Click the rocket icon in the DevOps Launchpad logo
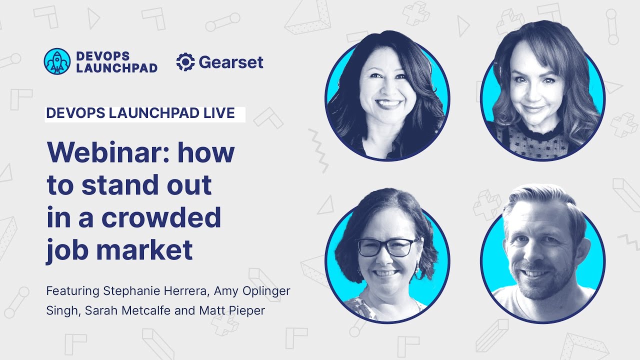pos(57,61)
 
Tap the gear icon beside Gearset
pos(185,62)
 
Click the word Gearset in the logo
pos(231,62)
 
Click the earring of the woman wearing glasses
pos(416,270)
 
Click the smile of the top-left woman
pos(389,104)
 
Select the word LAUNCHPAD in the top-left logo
pos(116,68)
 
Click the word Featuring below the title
pos(72,291)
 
